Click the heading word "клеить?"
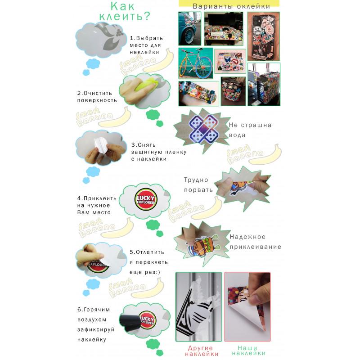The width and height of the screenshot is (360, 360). pyautogui.click(x=125, y=16)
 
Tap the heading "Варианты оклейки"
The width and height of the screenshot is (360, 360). pyautogui.click(x=231, y=6)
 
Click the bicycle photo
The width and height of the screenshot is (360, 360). pyautogui.click(x=196, y=63)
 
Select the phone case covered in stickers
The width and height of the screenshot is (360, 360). pyautogui.click(x=264, y=36)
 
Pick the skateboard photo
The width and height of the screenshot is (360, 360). pyautogui.click(x=198, y=94)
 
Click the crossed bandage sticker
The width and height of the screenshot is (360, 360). pyautogui.click(x=203, y=129)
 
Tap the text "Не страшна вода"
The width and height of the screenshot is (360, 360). pyautogui.click(x=250, y=130)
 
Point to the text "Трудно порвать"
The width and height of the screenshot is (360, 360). pyautogui.click(x=198, y=185)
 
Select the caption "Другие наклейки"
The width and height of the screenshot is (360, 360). pyautogui.click(x=202, y=351)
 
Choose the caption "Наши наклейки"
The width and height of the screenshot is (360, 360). pyautogui.click(x=248, y=351)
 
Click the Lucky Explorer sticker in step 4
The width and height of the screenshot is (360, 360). pyautogui.click(x=146, y=199)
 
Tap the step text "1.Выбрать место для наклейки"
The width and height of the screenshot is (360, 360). pyautogui.click(x=146, y=45)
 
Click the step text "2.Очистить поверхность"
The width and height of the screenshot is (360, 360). pyautogui.click(x=97, y=97)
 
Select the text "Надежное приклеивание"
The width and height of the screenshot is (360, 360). pyautogui.click(x=255, y=242)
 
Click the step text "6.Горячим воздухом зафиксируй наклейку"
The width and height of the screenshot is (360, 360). pyautogui.click(x=96, y=324)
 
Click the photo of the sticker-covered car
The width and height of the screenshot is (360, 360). pyautogui.click(x=189, y=29)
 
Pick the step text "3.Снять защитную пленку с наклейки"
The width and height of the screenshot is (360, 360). pyautogui.click(x=159, y=152)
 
